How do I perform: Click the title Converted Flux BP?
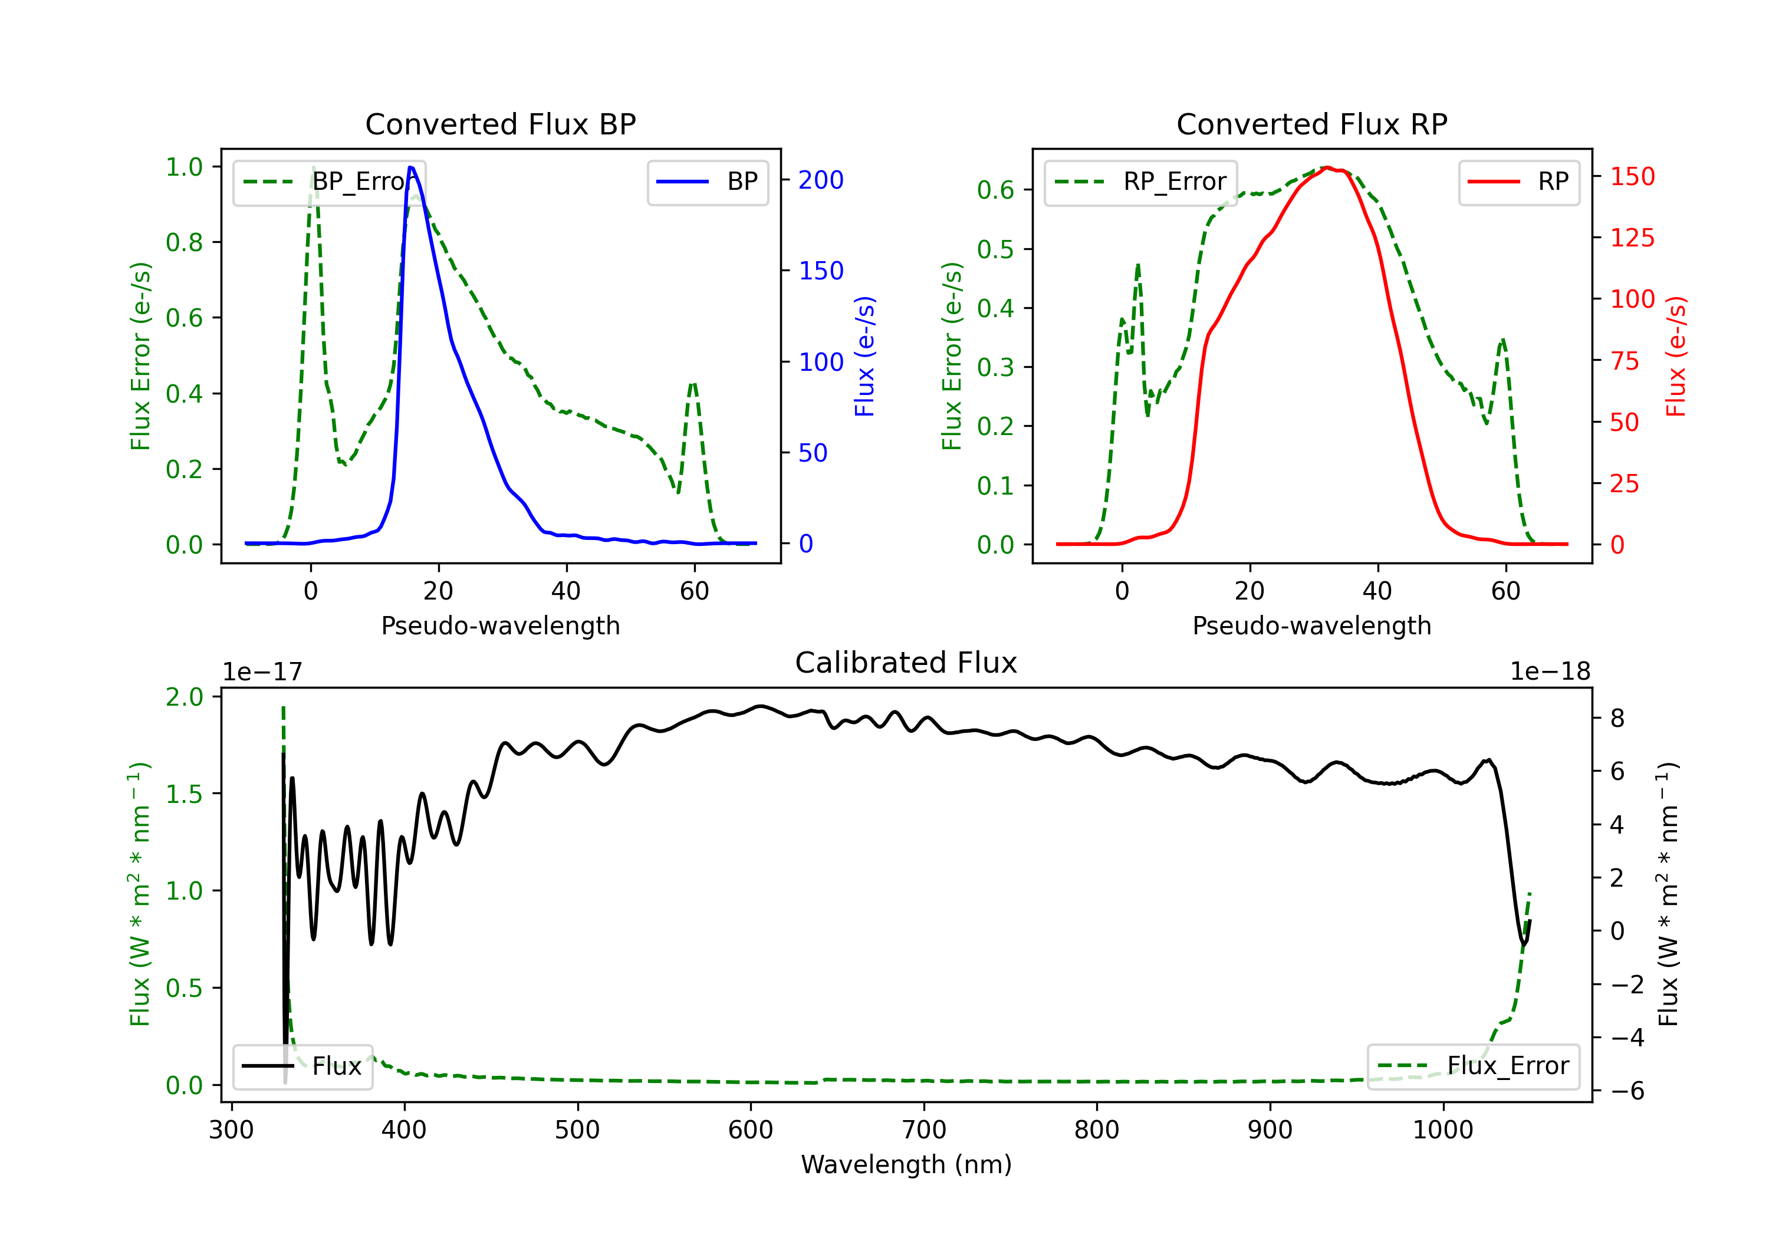click(500, 124)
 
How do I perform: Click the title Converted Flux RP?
click(1311, 124)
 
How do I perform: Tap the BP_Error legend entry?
click(329, 182)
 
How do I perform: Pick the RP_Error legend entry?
click(1140, 182)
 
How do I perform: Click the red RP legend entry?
click(1518, 182)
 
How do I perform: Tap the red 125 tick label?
click(1632, 238)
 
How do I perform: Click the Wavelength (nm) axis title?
click(906, 1164)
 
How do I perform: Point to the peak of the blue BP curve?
click(410, 167)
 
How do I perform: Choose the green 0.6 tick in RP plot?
click(995, 190)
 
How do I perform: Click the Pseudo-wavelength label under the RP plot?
click(1311, 625)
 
